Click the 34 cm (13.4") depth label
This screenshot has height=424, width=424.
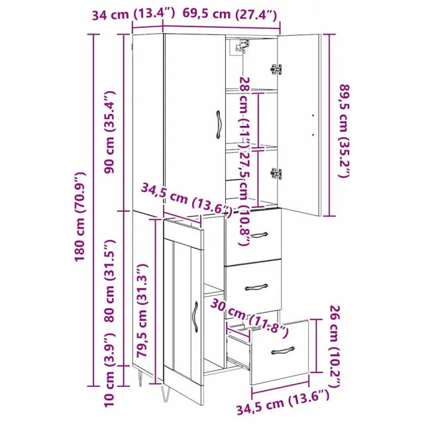133,14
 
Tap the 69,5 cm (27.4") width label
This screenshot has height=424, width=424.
230,14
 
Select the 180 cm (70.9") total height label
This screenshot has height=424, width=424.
80,217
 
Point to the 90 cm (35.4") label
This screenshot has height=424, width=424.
110,132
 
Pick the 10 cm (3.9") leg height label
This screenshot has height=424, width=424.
110,370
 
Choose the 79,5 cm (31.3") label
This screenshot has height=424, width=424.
142,311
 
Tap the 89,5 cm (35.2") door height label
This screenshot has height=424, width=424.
345,131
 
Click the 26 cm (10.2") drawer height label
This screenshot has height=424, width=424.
335,346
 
